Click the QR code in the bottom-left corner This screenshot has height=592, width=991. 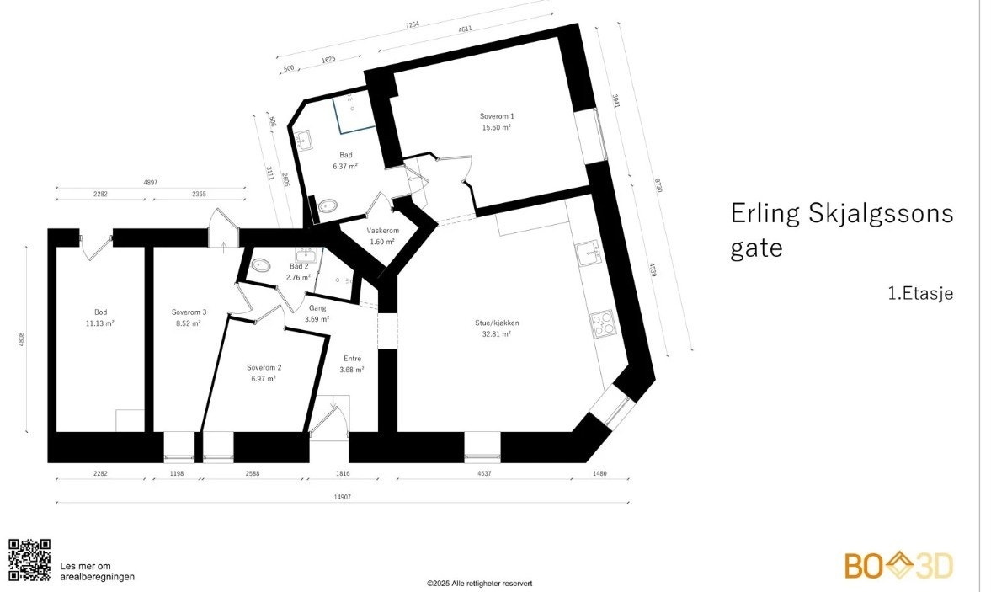pos(29,560)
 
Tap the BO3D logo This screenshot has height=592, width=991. pos(898,565)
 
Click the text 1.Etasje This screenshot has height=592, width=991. pos(919,294)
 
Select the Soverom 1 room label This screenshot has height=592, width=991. pos(497,116)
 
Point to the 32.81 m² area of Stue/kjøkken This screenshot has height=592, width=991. pos(497,333)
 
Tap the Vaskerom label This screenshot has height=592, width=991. pos(381,231)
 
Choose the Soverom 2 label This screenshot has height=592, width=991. pos(264,367)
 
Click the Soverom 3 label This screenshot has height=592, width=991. pos(189,312)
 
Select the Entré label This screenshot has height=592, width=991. pos(351,358)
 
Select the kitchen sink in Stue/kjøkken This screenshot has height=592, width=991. pos(587,250)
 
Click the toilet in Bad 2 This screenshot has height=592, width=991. pos(261,265)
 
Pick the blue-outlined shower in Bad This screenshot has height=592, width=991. pos(353,115)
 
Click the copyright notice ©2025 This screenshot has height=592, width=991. pos(479,583)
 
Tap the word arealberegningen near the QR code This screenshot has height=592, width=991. pos(97,577)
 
